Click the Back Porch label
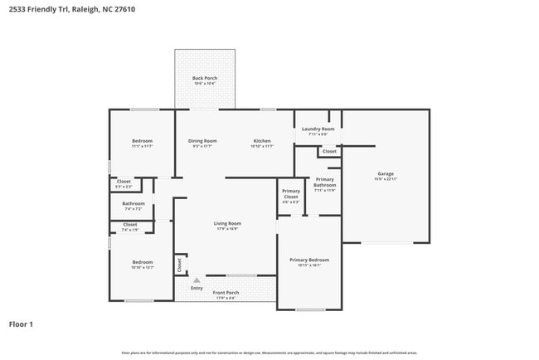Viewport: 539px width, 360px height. point(205,78)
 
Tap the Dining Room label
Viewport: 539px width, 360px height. point(202,141)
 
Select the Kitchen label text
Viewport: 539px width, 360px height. point(262,141)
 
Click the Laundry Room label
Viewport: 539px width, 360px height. point(318,129)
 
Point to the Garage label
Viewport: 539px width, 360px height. point(386,174)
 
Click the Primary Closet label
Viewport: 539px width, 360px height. point(291,194)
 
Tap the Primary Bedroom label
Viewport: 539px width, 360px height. point(303,260)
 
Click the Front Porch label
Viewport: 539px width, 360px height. point(226,293)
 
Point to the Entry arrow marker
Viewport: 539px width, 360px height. point(197,280)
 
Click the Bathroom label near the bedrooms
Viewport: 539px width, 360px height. point(134,203)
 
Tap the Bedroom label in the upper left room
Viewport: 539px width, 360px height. point(142,141)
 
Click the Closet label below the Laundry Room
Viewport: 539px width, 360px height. point(329,152)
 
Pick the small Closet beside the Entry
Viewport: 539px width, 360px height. point(179,265)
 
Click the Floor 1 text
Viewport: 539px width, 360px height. point(21,324)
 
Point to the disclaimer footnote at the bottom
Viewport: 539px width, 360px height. point(269,353)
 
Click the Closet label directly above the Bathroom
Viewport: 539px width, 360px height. point(124,182)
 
